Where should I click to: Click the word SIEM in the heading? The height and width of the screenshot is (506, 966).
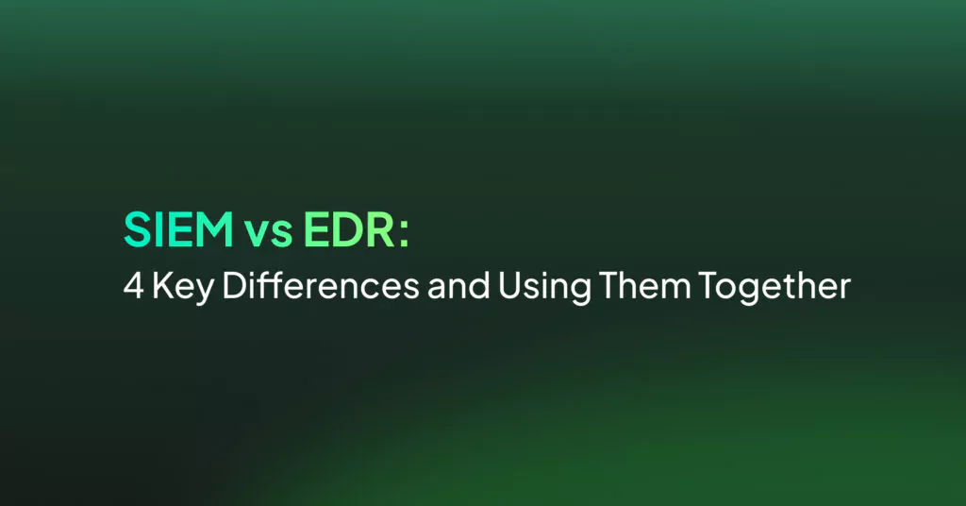pyautogui.click(x=178, y=229)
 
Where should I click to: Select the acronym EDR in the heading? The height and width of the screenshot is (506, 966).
pyautogui.click(x=349, y=229)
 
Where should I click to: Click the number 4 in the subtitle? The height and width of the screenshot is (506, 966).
pyautogui.click(x=133, y=285)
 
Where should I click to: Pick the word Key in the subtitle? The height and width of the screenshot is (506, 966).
pyautogui.click(x=182, y=288)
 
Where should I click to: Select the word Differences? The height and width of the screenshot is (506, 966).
pyautogui.click(x=321, y=285)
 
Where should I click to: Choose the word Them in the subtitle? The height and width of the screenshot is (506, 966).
pyautogui.click(x=644, y=285)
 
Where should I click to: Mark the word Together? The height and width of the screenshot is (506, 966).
pyautogui.click(x=774, y=288)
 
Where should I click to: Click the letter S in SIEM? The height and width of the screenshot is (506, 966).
pyautogui.click(x=138, y=229)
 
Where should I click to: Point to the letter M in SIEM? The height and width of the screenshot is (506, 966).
pyautogui.click(x=213, y=229)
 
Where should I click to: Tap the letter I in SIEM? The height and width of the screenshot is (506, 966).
pyautogui.click(x=158, y=229)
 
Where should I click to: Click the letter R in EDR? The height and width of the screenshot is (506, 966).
pyautogui.click(x=381, y=229)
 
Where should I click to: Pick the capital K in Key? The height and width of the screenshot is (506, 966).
pyautogui.click(x=162, y=285)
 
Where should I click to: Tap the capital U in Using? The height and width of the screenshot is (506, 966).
pyautogui.click(x=509, y=286)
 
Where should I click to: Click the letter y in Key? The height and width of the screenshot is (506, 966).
pyautogui.click(x=204, y=292)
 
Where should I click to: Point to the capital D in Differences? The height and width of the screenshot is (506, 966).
pyautogui.click(x=234, y=285)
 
